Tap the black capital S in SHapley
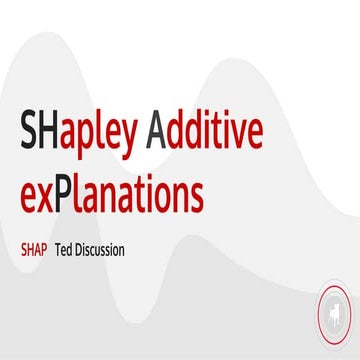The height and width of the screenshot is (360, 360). pos(29,130)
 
